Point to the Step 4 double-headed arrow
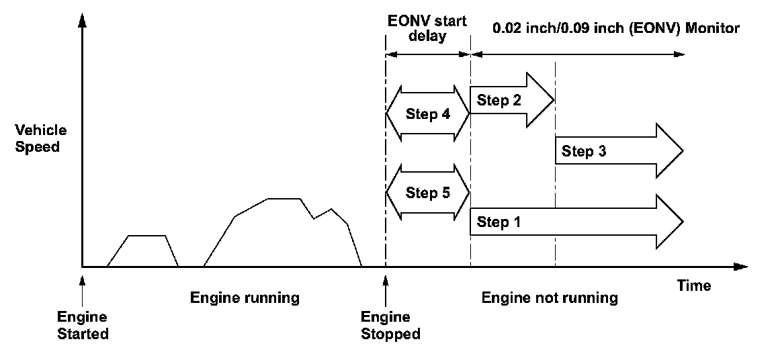pyautogui.click(x=427, y=114)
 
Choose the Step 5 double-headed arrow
pyautogui.click(x=427, y=193)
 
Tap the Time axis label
pyautogui.click(x=694, y=285)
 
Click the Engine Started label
pyautogui.click(x=83, y=324)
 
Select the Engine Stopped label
pyautogui.click(x=390, y=324)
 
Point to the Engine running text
pyautogui.click(x=245, y=298)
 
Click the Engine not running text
pyautogui.click(x=550, y=298)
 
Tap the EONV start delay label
pyautogui.click(x=427, y=28)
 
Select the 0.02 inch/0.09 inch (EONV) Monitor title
pyautogui.click(x=616, y=28)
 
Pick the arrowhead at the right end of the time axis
pyautogui.click(x=741, y=267)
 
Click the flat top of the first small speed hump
pyautogui.click(x=146, y=235)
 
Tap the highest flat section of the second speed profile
pyautogui.click(x=283, y=198)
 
